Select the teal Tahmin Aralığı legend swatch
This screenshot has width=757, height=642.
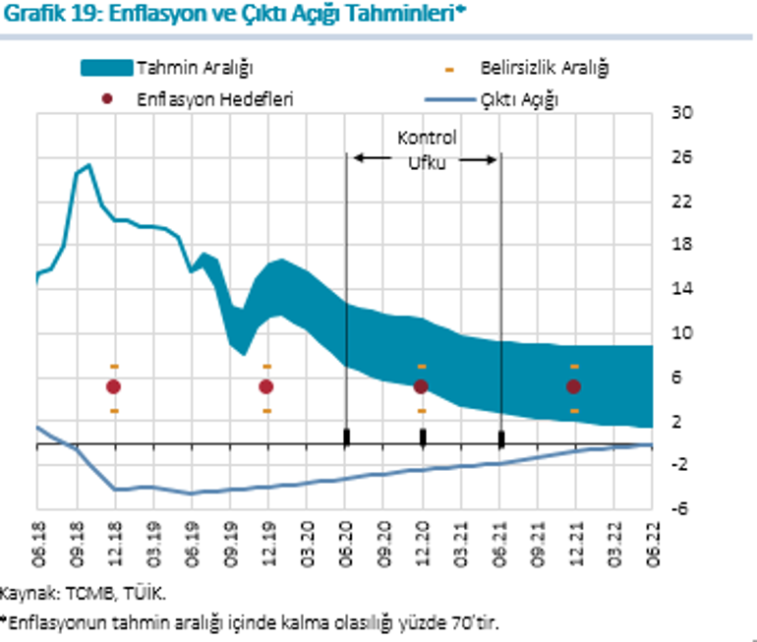[105, 68]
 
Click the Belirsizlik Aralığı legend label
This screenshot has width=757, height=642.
[545, 68]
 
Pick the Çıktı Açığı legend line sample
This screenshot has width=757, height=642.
[447, 99]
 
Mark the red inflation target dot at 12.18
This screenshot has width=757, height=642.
[114, 387]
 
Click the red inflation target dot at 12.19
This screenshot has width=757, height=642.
[266, 387]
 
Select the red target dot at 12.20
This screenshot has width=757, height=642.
[421, 387]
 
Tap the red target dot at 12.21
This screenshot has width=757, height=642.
[574, 387]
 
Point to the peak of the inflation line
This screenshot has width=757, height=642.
[88, 165]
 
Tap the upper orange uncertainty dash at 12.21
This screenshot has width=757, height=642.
[574, 366]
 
